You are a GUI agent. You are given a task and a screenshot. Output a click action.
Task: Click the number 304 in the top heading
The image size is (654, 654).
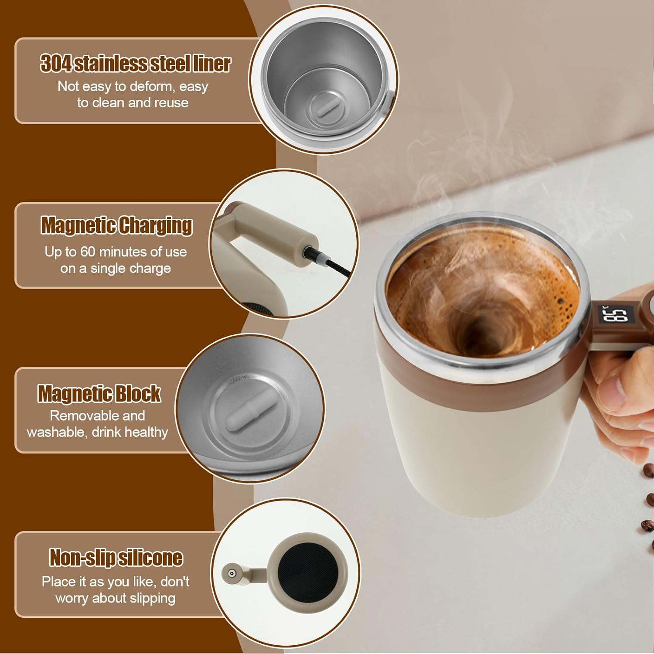click(56, 63)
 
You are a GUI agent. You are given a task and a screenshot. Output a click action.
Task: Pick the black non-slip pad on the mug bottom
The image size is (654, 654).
click(306, 572)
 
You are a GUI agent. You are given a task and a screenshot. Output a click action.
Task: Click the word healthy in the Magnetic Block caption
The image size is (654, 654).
click(146, 433)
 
